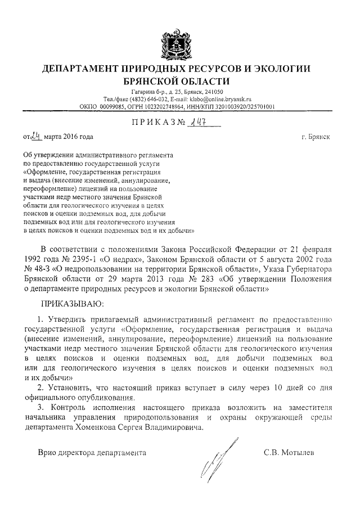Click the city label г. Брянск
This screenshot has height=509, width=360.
316,137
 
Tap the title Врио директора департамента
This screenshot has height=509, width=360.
91,452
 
